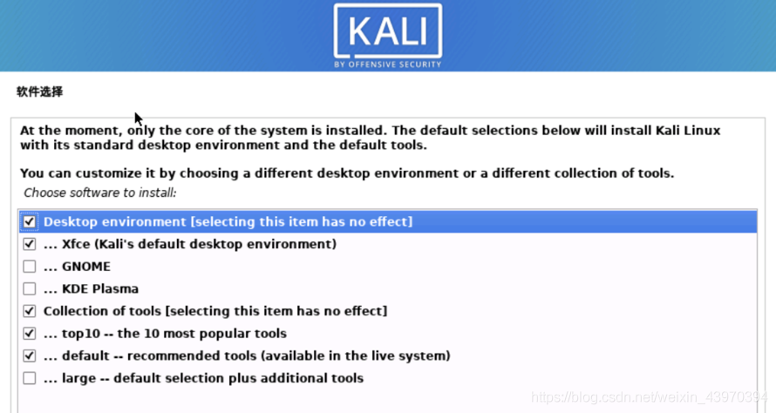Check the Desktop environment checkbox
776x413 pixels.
click(x=29, y=221)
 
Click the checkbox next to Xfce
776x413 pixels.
click(x=29, y=244)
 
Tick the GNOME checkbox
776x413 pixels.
click(x=29, y=266)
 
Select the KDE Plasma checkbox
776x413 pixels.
click(x=29, y=288)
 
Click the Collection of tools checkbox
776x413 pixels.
click(x=29, y=310)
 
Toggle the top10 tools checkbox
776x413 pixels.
click(x=29, y=334)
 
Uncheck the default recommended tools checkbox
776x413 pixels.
click(x=29, y=355)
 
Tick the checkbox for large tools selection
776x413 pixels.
click(x=29, y=378)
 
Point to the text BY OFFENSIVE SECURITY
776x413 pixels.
click(x=388, y=64)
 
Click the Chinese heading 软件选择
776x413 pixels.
click(x=39, y=91)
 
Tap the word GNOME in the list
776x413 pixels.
click(x=86, y=267)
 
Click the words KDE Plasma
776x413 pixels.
click(x=100, y=289)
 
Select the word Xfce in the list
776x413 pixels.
click(x=76, y=244)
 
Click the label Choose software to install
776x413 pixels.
click(x=100, y=193)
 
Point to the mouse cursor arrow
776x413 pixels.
click(x=139, y=119)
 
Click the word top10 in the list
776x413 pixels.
click(x=81, y=334)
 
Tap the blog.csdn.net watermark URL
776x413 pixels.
click(x=650, y=397)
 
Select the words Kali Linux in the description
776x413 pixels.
click(x=688, y=131)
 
